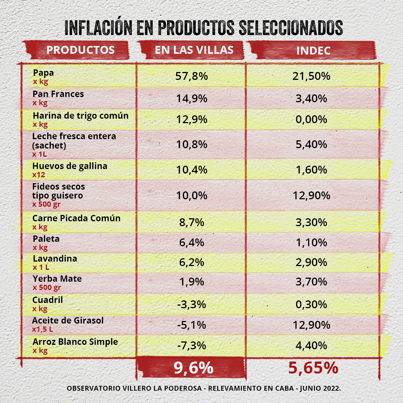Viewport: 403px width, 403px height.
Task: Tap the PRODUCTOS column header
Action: click(80, 50)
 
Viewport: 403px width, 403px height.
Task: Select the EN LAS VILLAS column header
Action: click(194, 50)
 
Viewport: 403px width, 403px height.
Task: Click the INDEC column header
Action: click(313, 51)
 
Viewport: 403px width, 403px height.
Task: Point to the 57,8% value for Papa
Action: click(191, 76)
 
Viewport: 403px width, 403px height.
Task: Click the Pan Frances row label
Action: click(58, 94)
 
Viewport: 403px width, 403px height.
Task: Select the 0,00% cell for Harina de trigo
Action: click(311, 119)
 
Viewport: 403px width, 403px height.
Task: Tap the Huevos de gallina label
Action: click(70, 166)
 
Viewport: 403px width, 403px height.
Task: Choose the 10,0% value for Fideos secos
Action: click(191, 195)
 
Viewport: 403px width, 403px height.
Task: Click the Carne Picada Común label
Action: click(76, 218)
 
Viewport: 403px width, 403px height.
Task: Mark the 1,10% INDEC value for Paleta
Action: click(311, 243)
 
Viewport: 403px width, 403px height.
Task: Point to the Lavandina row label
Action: click(55, 259)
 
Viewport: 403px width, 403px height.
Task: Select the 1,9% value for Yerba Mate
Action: click(191, 282)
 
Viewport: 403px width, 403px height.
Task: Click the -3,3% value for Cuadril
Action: click(191, 304)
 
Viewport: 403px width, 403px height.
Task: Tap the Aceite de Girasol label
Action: click(68, 321)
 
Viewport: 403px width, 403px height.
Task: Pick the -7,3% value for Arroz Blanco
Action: click(191, 345)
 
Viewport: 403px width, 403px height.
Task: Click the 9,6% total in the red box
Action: click(193, 368)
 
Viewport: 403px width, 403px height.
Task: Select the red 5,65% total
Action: click(313, 368)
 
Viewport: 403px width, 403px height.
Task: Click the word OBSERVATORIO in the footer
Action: click(94, 388)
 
